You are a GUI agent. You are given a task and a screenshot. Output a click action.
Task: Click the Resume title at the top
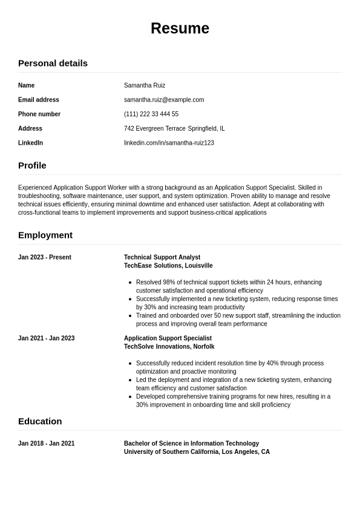(180, 28)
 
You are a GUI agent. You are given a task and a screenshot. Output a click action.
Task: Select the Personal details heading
(53, 63)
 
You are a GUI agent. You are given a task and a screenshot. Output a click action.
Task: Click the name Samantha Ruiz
(145, 85)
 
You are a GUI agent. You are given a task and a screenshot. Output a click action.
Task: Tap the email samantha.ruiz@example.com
(164, 100)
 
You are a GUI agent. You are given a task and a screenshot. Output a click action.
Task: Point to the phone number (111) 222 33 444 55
(151, 114)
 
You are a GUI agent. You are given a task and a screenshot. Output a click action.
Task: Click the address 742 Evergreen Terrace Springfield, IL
(174, 128)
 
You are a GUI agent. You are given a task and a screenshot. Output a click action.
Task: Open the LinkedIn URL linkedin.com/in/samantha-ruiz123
(169, 143)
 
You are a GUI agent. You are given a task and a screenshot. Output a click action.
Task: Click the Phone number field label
(39, 114)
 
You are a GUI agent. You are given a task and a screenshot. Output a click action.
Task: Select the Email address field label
(39, 100)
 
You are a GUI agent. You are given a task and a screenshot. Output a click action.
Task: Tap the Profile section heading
(32, 165)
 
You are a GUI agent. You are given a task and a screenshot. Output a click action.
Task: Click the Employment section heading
(45, 235)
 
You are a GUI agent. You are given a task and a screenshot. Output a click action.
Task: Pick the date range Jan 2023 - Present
(45, 257)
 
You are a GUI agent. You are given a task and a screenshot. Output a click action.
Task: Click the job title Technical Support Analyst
(162, 257)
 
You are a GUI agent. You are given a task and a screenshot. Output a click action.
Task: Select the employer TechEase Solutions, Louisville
(168, 266)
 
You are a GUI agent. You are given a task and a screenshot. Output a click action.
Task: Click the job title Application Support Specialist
(168, 338)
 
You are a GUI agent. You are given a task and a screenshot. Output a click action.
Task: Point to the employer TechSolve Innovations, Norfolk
(169, 347)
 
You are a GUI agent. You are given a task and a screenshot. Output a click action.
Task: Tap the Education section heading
(40, 421)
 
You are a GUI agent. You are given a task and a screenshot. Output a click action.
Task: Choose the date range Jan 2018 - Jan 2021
(47, 444)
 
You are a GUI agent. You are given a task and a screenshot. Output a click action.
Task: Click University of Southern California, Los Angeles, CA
(197, 452)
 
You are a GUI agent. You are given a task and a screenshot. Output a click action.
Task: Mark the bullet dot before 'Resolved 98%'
(130, 283)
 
